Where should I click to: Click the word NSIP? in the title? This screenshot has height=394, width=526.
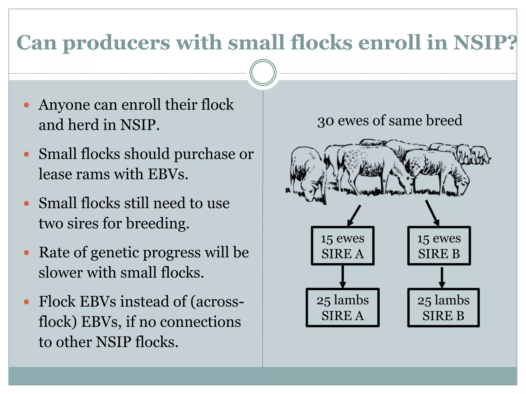[x=484, y=42]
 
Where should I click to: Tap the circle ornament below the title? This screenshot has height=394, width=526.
[x=263, y=73]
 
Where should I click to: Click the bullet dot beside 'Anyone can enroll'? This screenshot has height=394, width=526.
[x=26, y=105]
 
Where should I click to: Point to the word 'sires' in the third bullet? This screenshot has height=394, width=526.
[x=83, y=223]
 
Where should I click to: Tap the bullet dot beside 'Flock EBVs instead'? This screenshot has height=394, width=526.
[x=26, y=302]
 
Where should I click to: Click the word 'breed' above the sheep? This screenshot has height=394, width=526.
[x=444, y=120]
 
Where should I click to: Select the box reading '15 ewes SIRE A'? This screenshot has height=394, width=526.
[x=342, y=246]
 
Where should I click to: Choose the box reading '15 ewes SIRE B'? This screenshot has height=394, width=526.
[x=439, y=246]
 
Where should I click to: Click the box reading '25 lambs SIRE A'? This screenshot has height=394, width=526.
[x=342, y=308]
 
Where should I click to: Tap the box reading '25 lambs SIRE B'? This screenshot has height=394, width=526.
[x=443, y=308]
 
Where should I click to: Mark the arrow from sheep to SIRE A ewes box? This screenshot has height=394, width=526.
[x=354, y=215]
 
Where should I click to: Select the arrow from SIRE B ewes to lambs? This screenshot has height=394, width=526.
[x=442, y=278]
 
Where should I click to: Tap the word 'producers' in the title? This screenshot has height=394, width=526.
[x=116, y=43]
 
